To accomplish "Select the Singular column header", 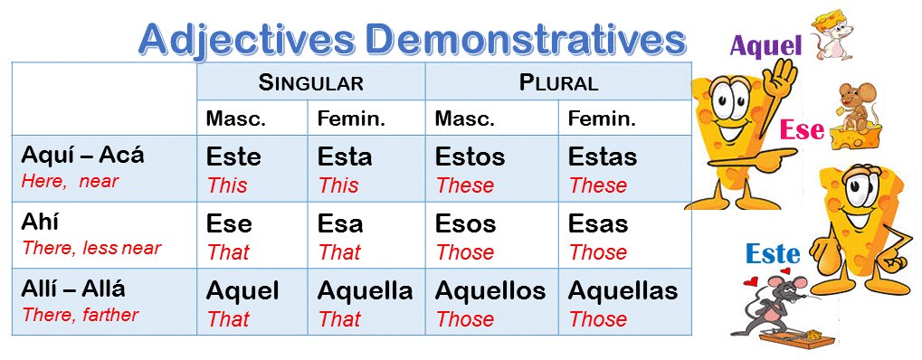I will tap(310, 83).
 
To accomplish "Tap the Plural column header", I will tap(558, 83).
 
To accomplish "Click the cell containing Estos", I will tap(470, 156).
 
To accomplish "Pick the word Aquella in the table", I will tap(365, 291).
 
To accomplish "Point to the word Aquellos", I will tap(490, 291).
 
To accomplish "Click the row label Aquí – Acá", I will tap(82, 155).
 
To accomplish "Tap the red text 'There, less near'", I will tap(90, 248).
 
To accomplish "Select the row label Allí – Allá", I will tap(73, 290).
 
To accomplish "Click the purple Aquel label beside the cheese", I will tap(765, 46).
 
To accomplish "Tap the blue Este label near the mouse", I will tap(773, 254).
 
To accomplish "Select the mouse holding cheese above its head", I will tap(832, 36).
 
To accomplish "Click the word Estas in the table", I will tap(602, 156).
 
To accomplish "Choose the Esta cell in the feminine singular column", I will tap(344, 156).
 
